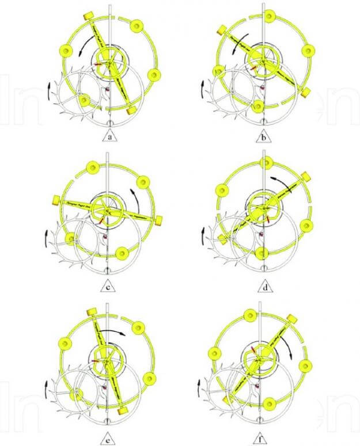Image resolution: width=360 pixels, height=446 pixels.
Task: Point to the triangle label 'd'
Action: tap(262, 286)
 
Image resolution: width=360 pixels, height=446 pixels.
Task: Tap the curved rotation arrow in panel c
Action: tap(137, 196)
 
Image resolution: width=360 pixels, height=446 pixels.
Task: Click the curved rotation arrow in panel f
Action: tap(301, 346)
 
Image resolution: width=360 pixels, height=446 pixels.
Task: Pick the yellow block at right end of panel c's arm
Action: tap(158, 219)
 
